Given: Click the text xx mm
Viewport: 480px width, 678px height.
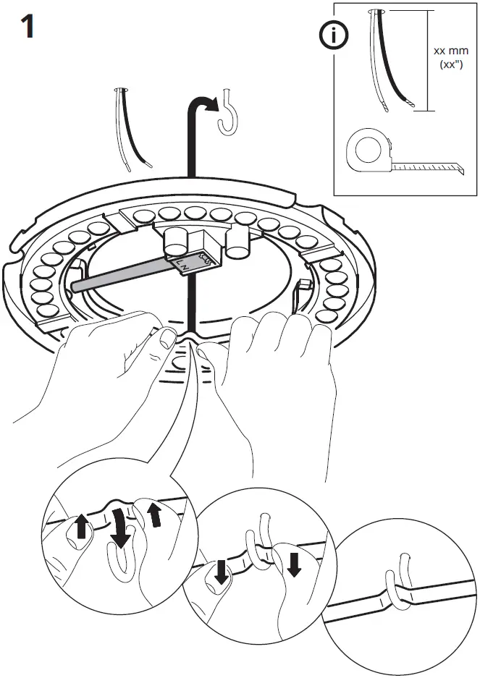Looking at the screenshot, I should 451,51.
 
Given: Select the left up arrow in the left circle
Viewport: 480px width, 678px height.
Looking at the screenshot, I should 82,526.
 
